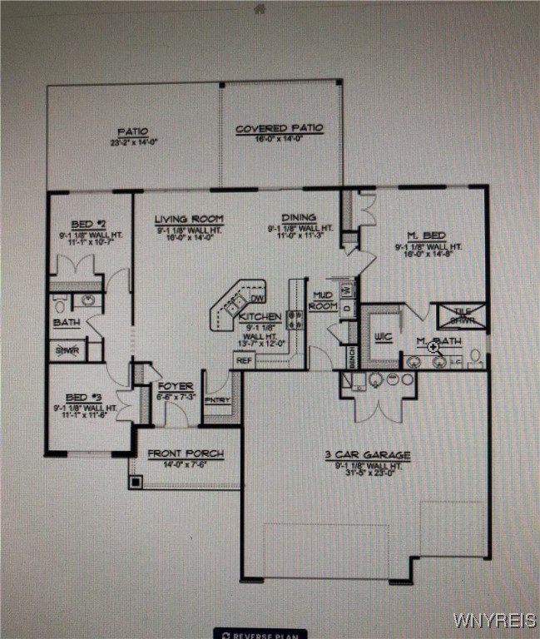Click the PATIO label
point(132,131)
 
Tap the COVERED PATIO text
point(280,129)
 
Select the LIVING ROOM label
point(189,219)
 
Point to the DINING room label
point(299,218)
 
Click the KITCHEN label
point(259,318)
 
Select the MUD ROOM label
point(324,300)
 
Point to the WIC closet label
point(384,336)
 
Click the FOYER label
point(176,386)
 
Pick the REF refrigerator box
point(244,360)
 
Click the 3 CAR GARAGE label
point(367,456)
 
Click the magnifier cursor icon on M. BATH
point(433,347)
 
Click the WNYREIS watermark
point(494,621)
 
